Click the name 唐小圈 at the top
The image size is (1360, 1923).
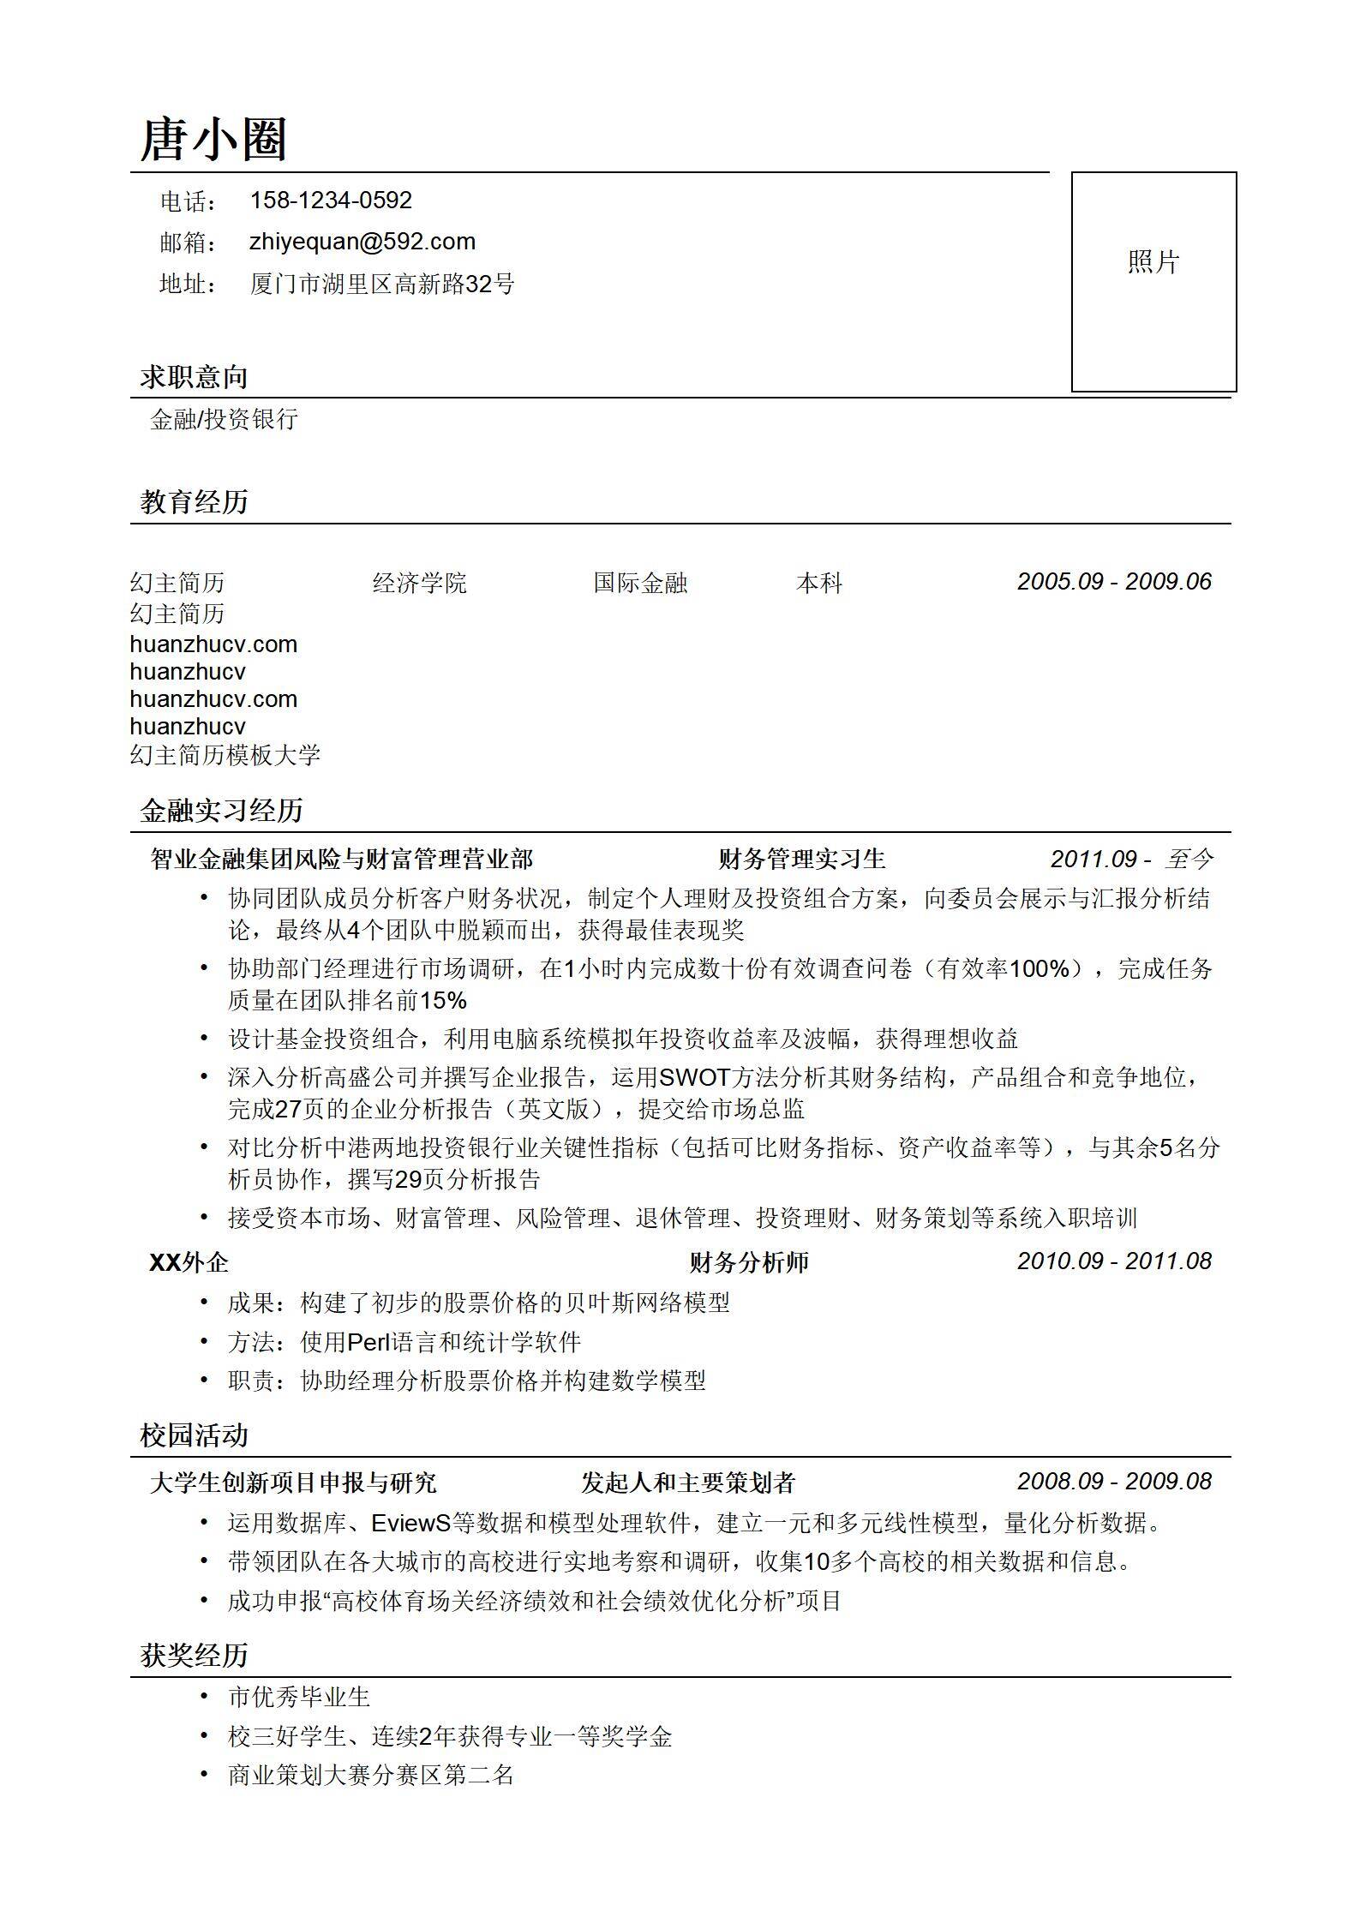pos(213,140)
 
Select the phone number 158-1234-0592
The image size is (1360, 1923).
pos(331,201)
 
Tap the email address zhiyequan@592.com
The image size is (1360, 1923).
pos(362,242)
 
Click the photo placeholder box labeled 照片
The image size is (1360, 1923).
pos(1153,281)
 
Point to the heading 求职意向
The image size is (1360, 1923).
pos(194,377)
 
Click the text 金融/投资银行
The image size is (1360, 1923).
pos(224,419)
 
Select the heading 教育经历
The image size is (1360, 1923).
pos(194,502)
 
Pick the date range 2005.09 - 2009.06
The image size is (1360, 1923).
pos(1114,582)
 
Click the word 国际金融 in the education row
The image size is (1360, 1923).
pos(640,584)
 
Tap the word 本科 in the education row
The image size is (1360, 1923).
pos(819,584)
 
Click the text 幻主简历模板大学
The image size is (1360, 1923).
pos(225,755)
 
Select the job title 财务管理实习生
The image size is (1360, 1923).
pos(801,859)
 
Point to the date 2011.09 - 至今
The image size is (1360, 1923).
pos(1132,859)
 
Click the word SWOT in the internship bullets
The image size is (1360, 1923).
pos(694,1077)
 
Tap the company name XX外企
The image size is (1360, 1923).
pos(189,1262)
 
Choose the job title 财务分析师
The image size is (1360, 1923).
pos(749,1262)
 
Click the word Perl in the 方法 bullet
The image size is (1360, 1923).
pos(368,1342)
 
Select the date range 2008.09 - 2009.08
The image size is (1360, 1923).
pos(1114,1482)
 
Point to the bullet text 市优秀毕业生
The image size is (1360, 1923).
pos(298,1697)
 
